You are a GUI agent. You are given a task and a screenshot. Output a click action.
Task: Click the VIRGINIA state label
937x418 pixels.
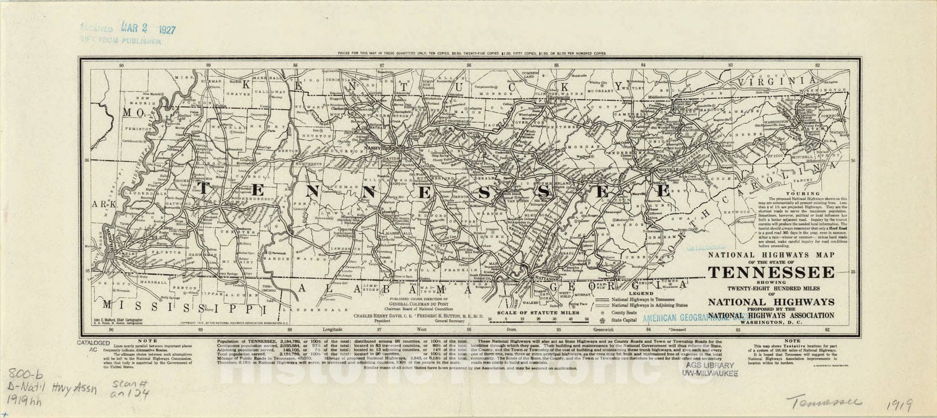777,81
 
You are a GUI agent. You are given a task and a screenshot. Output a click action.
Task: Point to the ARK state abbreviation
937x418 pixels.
101,205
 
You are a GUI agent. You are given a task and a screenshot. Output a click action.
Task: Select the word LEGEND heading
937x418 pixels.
640,293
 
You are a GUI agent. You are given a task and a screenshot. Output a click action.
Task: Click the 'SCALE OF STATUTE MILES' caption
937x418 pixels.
538,312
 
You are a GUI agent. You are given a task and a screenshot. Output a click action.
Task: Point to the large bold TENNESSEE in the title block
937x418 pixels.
771,273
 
